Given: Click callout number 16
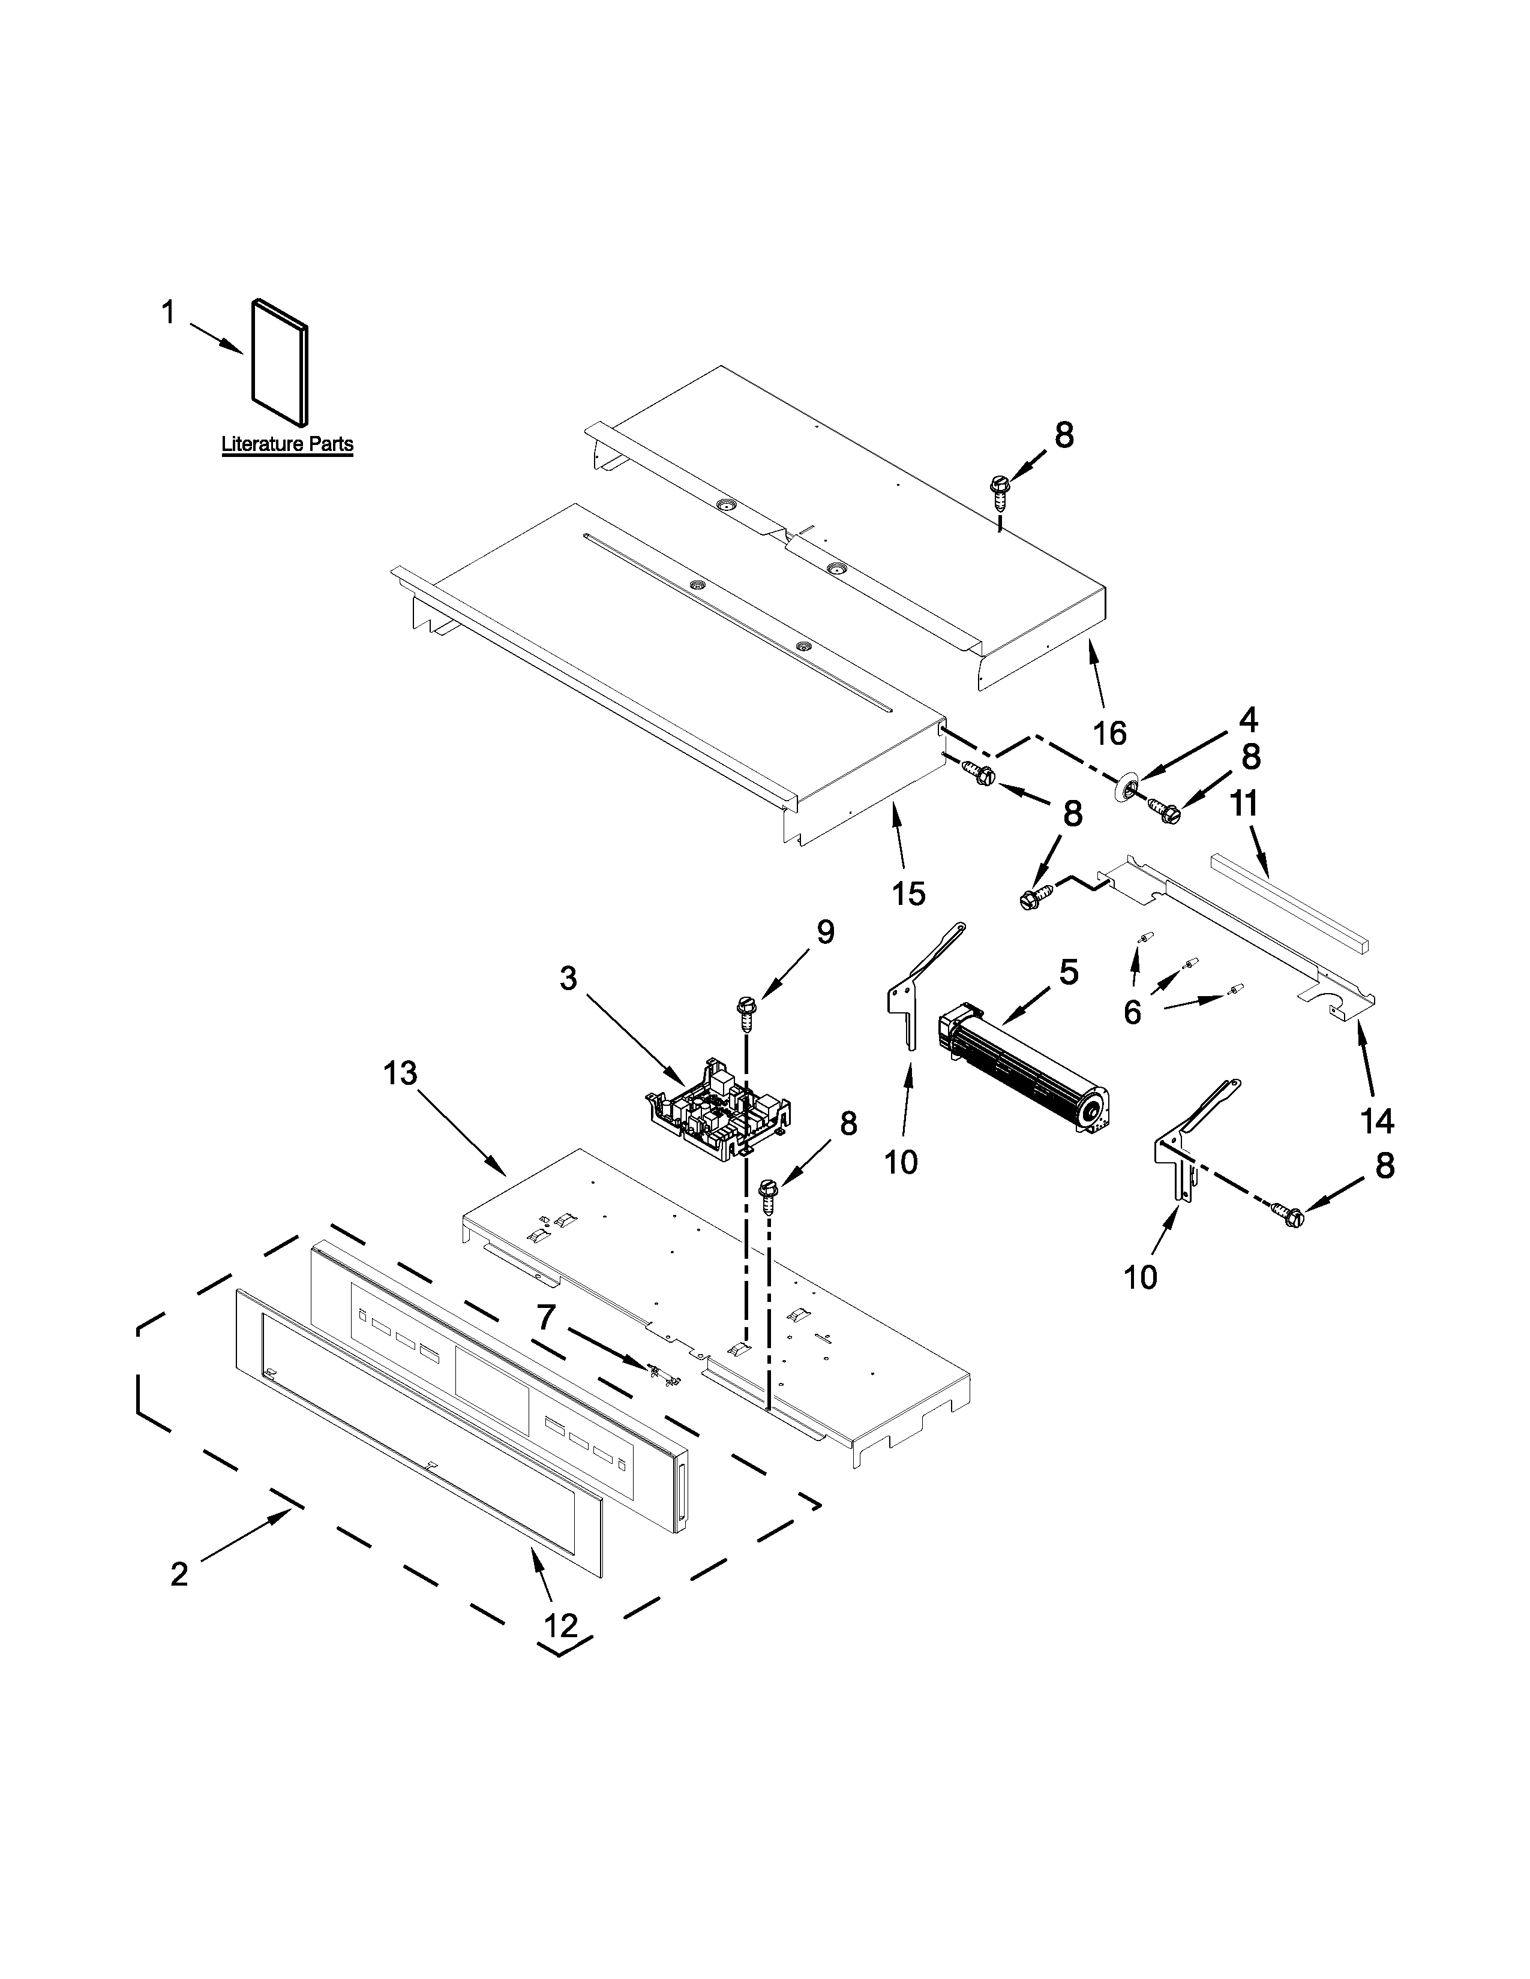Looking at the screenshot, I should click(x=1109, y=732).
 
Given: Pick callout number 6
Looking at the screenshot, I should click(x=1132, y=1012).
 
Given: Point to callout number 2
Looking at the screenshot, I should click(x=179, y=1574).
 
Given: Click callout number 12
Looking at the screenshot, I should click(x=561, y=1626).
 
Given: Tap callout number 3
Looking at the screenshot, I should click(x=568, y=979).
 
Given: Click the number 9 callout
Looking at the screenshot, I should click(x=825, y=933).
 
